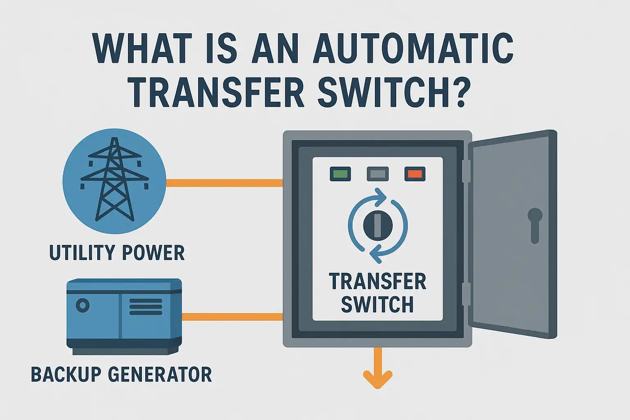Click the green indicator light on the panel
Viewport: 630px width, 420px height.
(340, 174)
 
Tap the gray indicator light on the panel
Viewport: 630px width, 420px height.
(377, 174)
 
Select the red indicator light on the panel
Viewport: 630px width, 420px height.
(415, 174)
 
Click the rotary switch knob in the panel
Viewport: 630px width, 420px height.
(378, 225)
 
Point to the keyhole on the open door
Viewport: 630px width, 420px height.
(535, 224)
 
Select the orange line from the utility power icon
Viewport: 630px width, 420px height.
(224, 183)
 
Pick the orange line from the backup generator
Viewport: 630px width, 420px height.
(232, 317)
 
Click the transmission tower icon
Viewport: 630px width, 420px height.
(114, 180)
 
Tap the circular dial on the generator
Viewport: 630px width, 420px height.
(83, 306)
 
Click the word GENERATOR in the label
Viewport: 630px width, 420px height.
(160, 374)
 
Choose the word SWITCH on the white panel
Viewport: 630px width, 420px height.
(377, 304)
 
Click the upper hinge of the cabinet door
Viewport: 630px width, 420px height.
(466, 171)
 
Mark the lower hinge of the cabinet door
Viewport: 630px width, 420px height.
(466, 294)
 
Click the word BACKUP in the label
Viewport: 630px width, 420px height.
(66, 374)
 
